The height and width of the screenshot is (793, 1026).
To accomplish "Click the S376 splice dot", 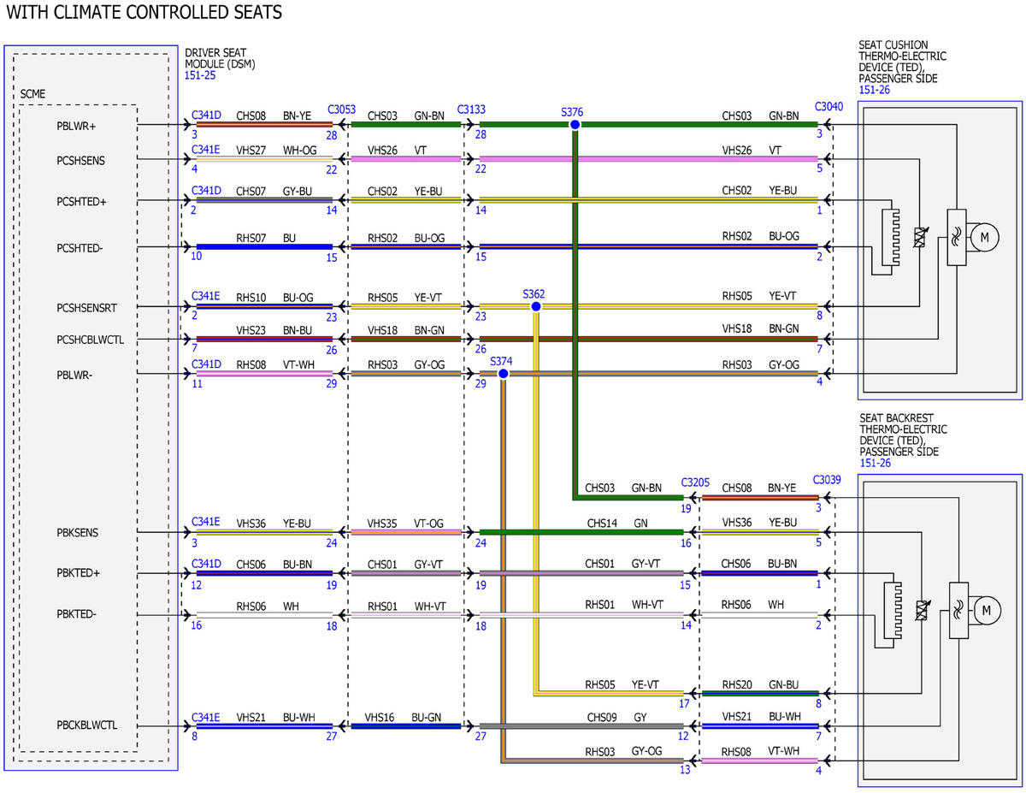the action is coord(575,125).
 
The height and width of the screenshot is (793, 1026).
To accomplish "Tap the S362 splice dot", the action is coord(536,306).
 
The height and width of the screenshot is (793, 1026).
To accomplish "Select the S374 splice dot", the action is coord(504,374).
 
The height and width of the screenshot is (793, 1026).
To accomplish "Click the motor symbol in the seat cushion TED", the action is coord(984,238).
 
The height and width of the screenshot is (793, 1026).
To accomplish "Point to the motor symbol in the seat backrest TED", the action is coord(986,610).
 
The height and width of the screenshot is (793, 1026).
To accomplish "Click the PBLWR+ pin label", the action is coord(76,126).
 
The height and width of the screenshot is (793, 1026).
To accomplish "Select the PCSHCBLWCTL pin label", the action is coord(90,340).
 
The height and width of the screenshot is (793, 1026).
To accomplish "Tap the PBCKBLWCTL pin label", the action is coord(87,725).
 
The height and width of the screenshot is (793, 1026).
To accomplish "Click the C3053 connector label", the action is coord(341,109).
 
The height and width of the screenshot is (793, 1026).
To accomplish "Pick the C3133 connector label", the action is coord(471,109).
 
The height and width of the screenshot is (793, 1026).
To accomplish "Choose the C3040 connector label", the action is coord(828,107).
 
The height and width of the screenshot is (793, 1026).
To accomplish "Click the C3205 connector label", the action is coord(695,482).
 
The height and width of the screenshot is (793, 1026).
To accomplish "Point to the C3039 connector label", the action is coord(826,480).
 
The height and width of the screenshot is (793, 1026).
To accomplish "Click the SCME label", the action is coord(32,94).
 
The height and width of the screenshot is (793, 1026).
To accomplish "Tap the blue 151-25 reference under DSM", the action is coord(200,75).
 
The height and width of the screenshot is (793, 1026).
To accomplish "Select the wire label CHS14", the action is coord(602,524).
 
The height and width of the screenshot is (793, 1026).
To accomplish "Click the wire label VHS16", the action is coord(379,718).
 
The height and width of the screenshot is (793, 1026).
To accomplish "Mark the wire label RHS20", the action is coord(736,684).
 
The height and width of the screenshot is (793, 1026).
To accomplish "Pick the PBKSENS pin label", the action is coord(78,532).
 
